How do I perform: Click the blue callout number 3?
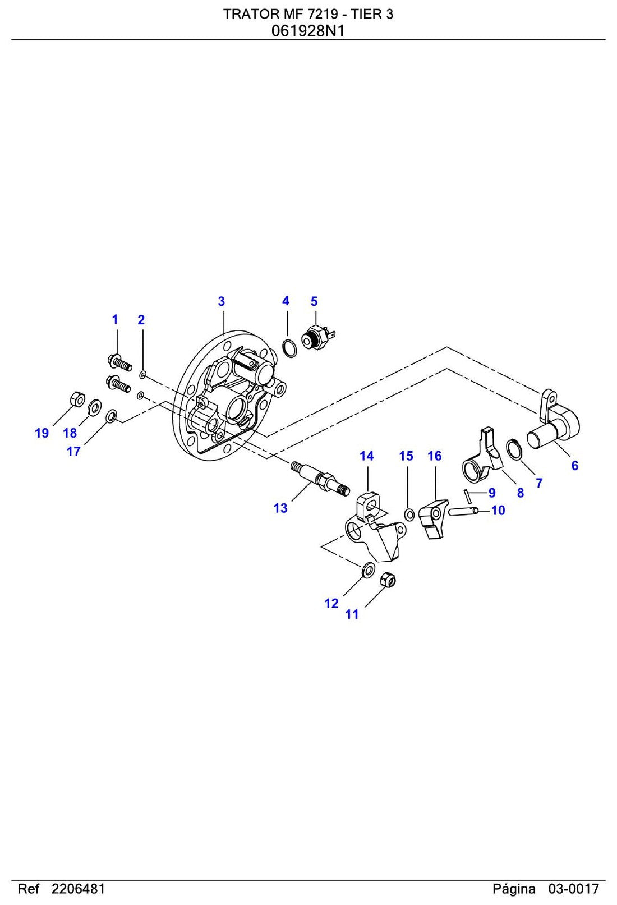pyautogui.click(x=222, y=301)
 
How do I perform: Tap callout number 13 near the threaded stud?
pyautogui.click(x=280, y=508)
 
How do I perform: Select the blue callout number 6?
pyautogui.click(x=574, y=466)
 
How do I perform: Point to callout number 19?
pyautogui.click(x=42, y=433)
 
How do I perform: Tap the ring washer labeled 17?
pyautogui.click(x=111, y=416)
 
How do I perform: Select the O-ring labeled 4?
pyautogui.click(x=289, y=348)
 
